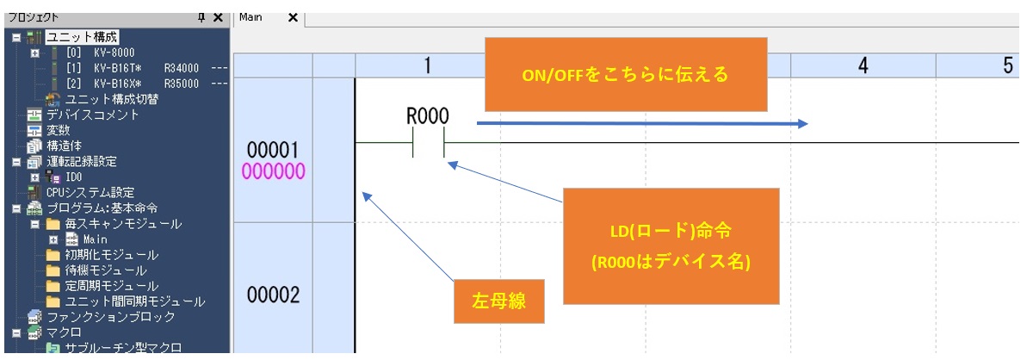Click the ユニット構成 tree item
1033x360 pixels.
(x=82, y=37)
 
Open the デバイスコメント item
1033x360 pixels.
(x=92, y=115)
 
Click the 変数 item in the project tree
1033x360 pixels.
(x=58, y=130)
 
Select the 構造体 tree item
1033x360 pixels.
(x=64, y=146)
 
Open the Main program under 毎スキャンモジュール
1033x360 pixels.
(x=95, y=239)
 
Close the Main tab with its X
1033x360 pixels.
(x=293, y=17)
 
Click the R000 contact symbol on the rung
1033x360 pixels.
(x=428, y=142)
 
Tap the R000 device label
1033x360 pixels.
(x=428, y=118)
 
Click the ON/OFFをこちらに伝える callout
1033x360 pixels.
(x=625, y=74)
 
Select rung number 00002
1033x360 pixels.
(x=273, y=295)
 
